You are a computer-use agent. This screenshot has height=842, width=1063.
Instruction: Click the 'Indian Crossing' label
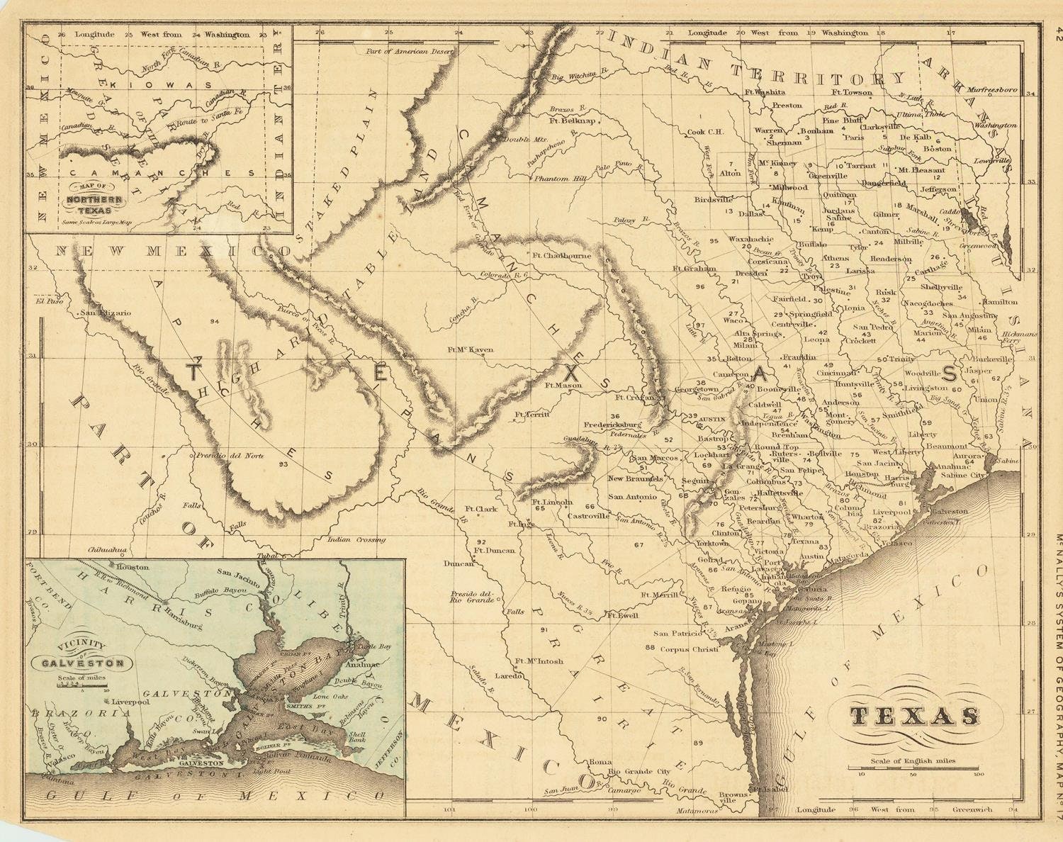tap(356, 539)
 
